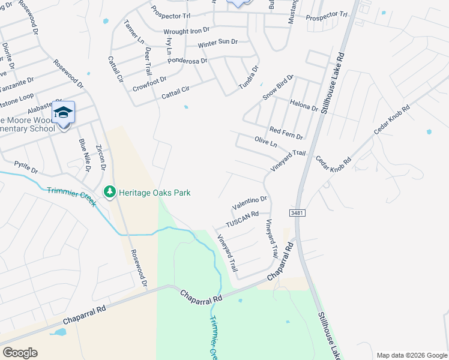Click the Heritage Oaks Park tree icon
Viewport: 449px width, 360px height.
coord(109,192)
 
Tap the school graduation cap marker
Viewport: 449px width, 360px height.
coord(63,112)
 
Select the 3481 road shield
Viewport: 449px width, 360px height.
coord(297,213)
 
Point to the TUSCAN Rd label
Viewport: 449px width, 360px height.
coord(242,219)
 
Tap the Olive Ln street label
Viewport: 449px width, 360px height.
coord(265,144)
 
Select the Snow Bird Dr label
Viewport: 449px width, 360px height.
coord(277,88)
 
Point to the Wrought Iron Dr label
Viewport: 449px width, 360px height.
coord(187,29)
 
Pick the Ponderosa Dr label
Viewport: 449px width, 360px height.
coord(187,61)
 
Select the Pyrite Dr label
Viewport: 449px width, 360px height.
coord(26,167)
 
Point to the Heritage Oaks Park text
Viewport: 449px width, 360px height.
coord(154,193)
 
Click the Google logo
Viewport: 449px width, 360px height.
coord(20,353)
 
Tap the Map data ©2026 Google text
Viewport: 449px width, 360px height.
coord(411,355)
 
